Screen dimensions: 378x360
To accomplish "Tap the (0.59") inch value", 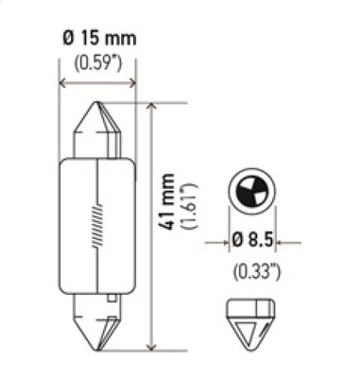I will click(x=98, y=65).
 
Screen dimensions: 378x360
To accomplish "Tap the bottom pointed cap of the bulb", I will click(x=98, y=325).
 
